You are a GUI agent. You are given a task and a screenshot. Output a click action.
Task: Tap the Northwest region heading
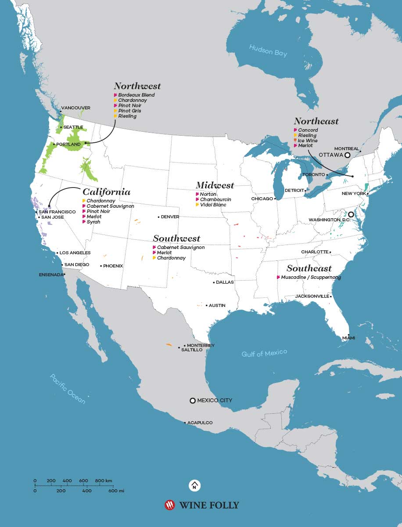(137, 86)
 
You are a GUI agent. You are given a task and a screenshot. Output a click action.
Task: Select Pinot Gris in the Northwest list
(129, 111)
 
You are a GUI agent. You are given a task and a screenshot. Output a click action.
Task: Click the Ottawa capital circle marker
(347, 155)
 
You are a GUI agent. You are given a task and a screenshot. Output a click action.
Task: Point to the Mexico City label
(215, 401)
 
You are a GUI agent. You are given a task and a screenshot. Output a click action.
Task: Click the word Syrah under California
(93, 222)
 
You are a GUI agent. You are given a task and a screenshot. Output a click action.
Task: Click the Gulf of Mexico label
(264, 353)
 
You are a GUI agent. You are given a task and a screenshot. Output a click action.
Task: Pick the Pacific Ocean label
(68, 389)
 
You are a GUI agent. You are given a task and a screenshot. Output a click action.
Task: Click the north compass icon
(194, 485)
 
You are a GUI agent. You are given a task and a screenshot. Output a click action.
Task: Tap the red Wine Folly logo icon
(169, 505)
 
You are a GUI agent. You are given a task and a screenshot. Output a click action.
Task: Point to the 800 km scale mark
(104, 481)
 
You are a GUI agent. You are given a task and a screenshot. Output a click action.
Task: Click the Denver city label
(170, 217)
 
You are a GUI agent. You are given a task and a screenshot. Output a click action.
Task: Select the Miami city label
(348, 338)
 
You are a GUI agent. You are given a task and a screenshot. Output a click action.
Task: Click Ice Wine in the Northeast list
(308, 141)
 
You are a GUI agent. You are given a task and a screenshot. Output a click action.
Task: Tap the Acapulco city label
(200, 422)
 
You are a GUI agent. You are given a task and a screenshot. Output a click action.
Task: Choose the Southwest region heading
(176, 238)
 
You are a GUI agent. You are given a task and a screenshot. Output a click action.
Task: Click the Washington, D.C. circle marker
(351, 215)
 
